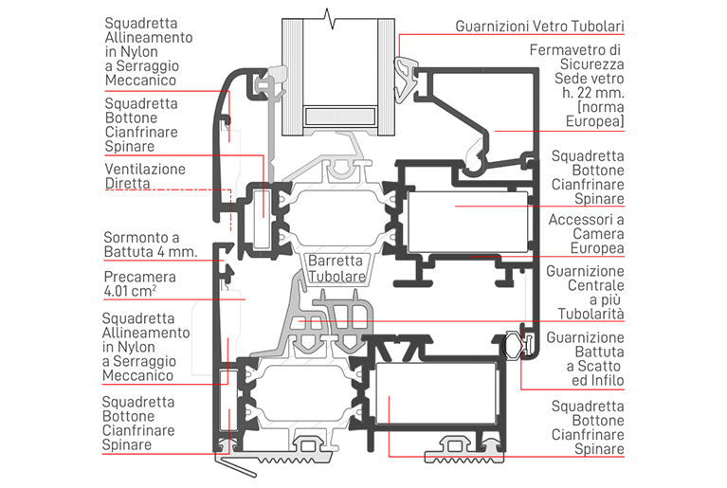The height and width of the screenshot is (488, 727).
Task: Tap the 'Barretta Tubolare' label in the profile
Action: [336, 267]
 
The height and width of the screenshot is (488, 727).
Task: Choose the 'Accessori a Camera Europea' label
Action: [585, 233]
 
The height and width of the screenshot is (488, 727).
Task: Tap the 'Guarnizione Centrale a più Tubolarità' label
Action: [586, 292]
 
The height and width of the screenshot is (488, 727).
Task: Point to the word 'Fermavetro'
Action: [568, 50]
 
